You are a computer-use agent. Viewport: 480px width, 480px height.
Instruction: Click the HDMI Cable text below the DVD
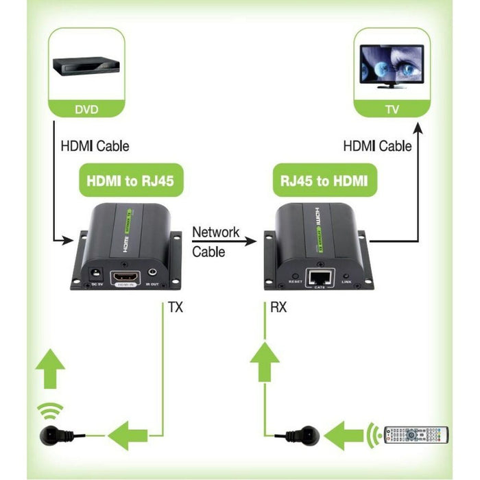pyautogui.click(x=95, y=146)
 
